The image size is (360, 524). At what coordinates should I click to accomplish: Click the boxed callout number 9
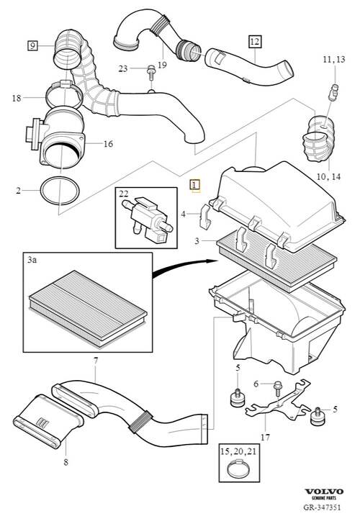32,45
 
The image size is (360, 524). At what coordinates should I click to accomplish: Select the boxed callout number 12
254,42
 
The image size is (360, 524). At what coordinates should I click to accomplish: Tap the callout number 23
123,68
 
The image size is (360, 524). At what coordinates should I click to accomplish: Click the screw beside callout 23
151,73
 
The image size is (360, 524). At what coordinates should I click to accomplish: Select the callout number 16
108,144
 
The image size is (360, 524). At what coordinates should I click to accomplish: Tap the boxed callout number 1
194,185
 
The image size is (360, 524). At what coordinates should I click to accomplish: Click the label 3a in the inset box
32,260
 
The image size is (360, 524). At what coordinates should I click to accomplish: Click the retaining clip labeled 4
205,217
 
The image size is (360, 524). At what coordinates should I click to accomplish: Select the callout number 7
96,361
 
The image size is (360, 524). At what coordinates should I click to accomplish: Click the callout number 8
66,462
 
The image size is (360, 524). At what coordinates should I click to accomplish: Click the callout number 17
265,437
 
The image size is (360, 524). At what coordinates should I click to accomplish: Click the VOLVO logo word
323,491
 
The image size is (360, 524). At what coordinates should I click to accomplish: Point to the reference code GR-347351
322,507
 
